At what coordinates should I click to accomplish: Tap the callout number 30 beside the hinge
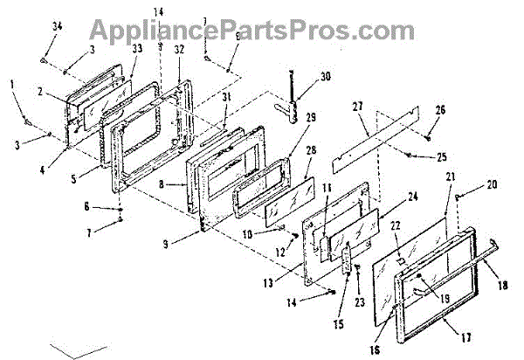(325, 77)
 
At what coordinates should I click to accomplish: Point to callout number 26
(439, 110)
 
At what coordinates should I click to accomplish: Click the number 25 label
(441, 157)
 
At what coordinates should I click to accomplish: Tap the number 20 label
(492, 184)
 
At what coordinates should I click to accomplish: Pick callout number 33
(136, 50)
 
